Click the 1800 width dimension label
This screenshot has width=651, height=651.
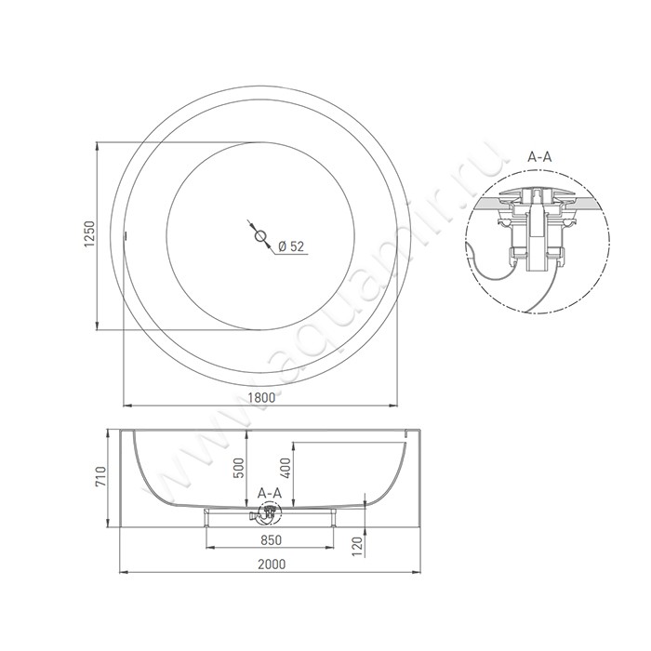click(x=263, y=397)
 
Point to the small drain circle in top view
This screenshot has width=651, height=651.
click(x=261, y=235)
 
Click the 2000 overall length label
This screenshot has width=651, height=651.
click(x=272, y=564)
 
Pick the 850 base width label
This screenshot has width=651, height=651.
click(x=271, y=539)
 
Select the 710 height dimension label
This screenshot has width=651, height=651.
click(x=108, y=479)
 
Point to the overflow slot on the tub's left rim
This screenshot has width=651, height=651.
click(x=125, y=235)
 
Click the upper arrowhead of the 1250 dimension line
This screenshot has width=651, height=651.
click(x=99, y=145)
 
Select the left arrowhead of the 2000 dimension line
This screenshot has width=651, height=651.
click(x=120, y=572)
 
